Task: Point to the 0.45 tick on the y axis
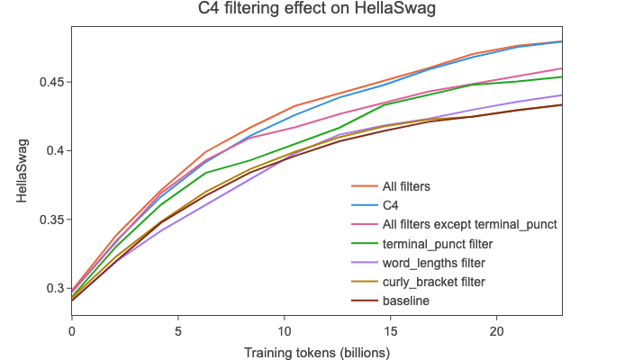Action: click(50, 82)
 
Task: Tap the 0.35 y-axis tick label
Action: click(50, 220)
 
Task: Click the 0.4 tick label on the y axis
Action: click(53, 150)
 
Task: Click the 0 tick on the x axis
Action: click(72, 330)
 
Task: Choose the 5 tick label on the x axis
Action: click(178, 330)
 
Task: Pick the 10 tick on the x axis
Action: click(284, 330)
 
